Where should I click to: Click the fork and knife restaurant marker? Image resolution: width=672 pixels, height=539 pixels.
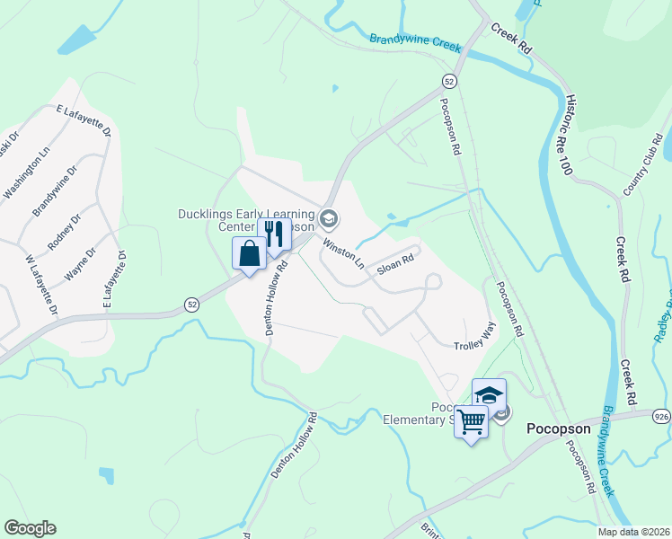275,234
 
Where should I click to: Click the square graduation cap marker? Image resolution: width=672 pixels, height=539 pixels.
489,394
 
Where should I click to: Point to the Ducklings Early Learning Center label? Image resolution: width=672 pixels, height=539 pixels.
244,219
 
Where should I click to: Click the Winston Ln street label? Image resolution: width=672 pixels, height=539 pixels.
344,254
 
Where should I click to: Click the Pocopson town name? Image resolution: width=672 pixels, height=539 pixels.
559,429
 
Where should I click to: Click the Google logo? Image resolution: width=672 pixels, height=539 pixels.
30,528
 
